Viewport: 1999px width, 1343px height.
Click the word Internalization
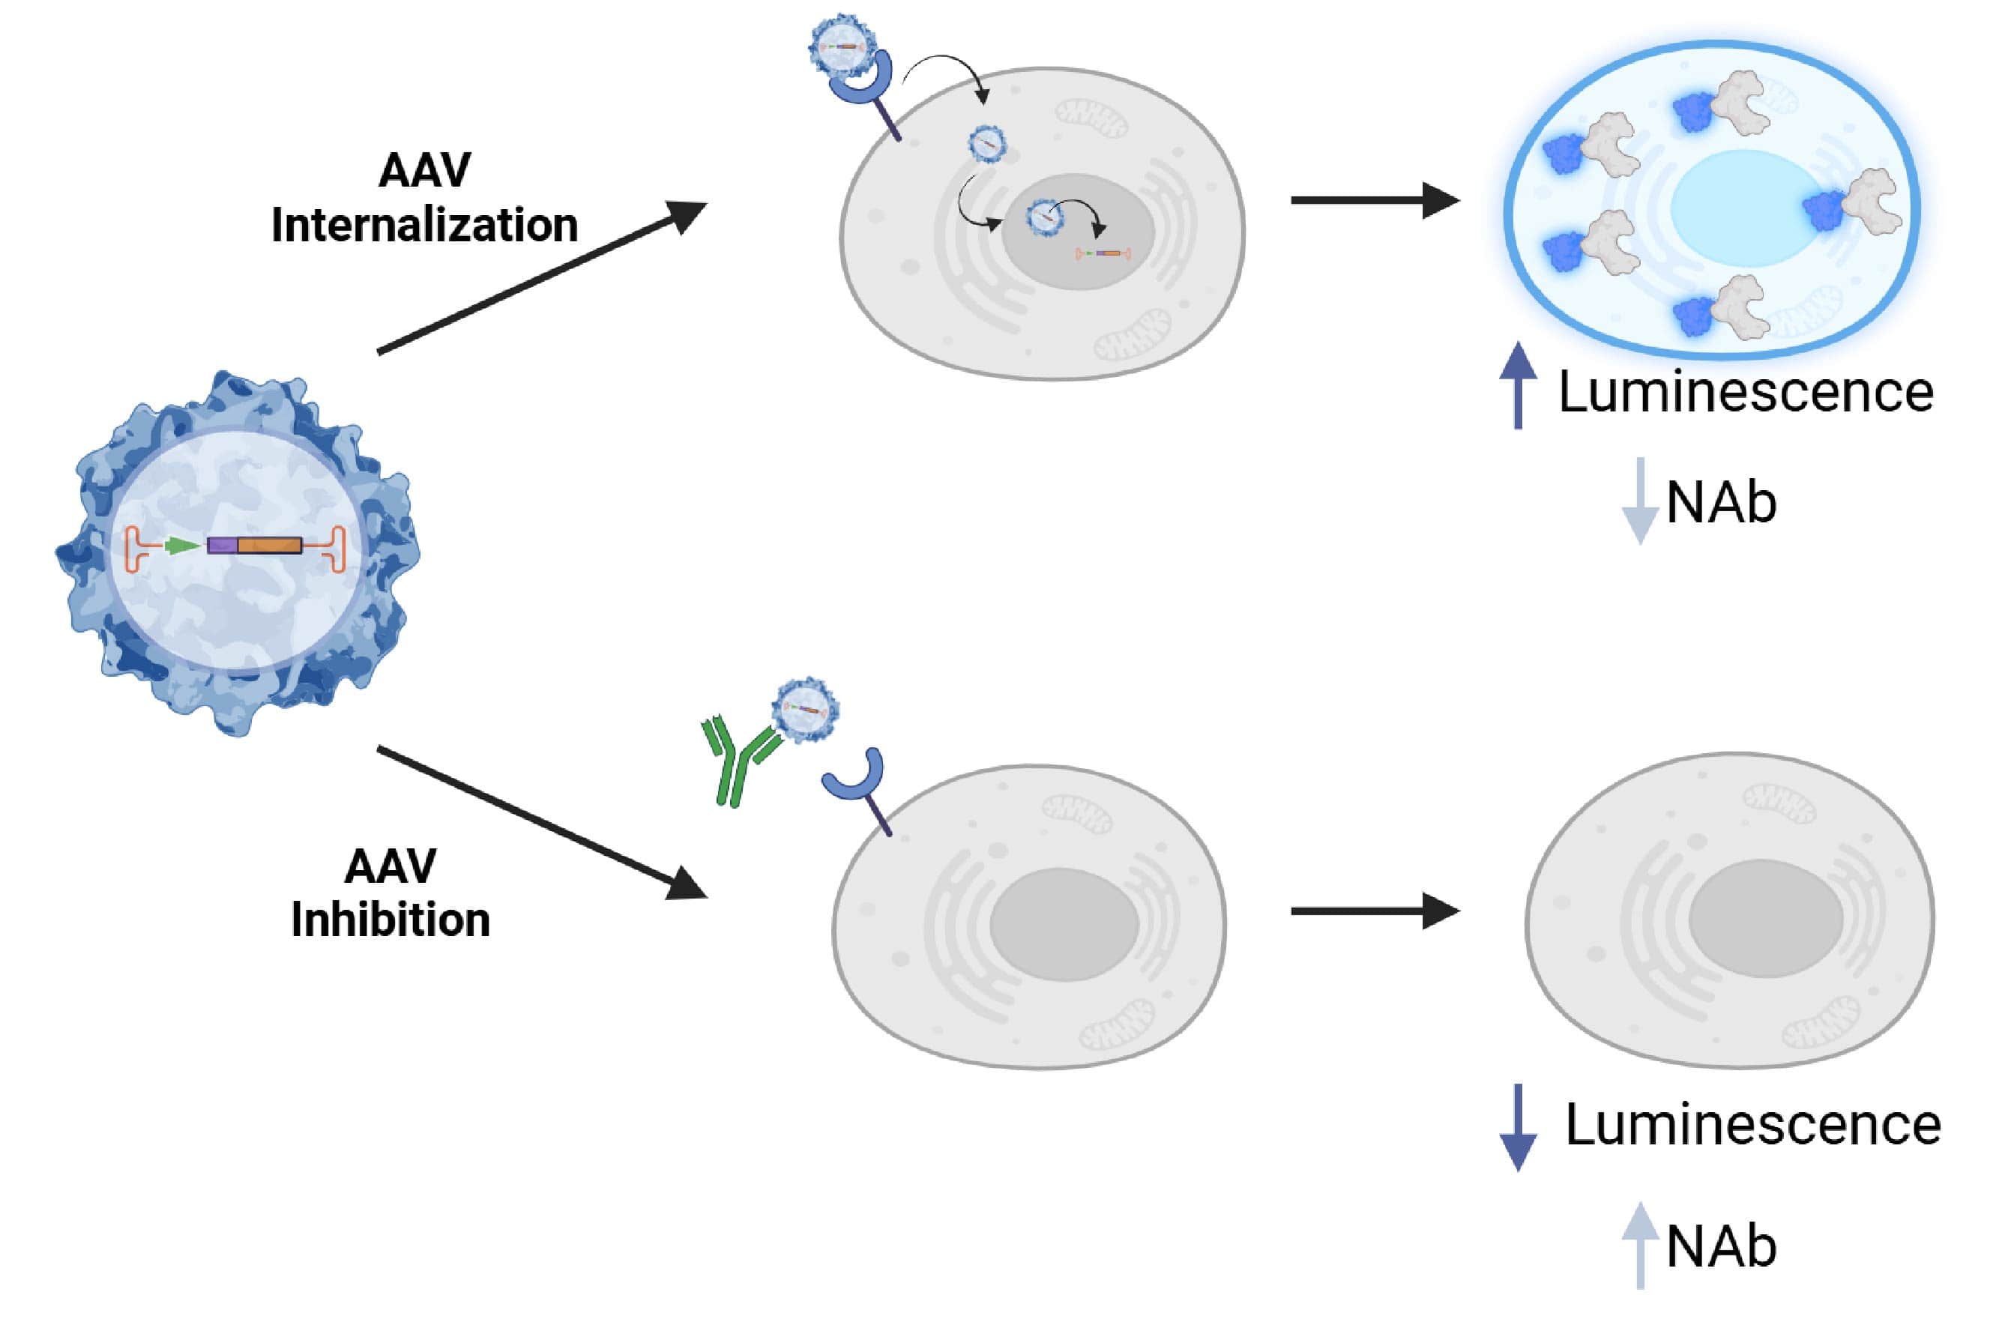(x=424, y=226)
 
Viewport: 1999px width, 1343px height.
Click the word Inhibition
(x=391, y=920)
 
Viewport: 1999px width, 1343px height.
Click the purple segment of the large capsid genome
(x=222, y=546)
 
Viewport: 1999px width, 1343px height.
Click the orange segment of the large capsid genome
(x=270, y=546)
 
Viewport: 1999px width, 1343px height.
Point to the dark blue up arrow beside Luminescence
(x=1518, y=384)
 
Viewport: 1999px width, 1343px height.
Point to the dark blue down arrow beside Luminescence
(x=1518, y=1127)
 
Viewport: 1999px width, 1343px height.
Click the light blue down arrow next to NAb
(x=1639, y=501)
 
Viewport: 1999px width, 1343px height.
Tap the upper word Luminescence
(x=1746, y=392)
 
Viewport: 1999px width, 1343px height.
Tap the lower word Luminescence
(x=1752, y=1125)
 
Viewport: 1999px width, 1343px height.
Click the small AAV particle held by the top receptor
(x=842, y=46)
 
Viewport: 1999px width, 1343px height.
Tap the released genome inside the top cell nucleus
(x=1103, y=253)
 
